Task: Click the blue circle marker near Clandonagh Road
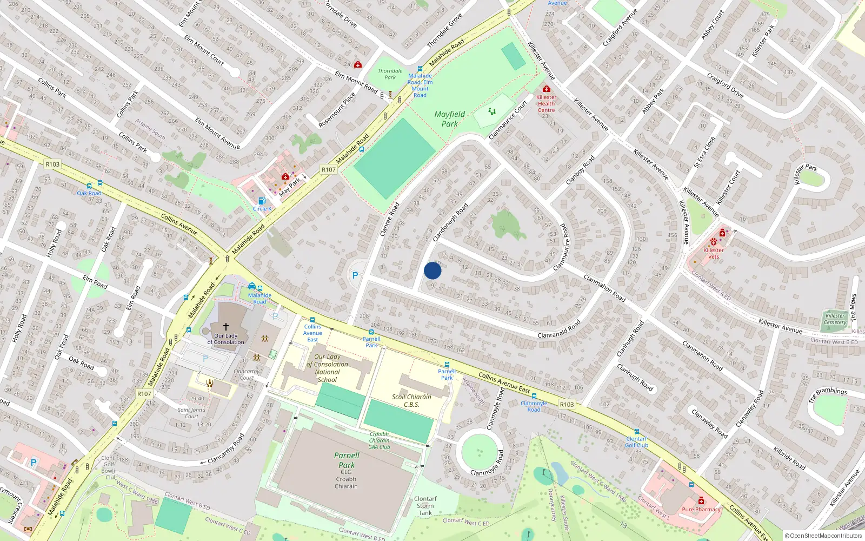(432, 270)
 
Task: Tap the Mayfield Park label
(449, 119)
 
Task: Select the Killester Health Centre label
(546, 103)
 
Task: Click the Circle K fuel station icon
(262, 201)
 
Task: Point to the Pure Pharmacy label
(701, 509)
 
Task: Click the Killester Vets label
(714, 253)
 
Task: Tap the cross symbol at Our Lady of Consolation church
(226, 327)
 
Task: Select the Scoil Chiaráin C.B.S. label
(411, 400)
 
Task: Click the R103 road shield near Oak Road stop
(52, 164)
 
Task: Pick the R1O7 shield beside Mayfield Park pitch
(329, 169)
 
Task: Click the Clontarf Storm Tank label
(425, 506)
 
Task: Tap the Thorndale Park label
(390, 74)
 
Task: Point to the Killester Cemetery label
(835, 319)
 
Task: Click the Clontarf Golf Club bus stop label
(636, 442)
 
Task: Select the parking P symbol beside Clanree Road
(355, 275)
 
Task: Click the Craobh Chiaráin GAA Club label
(380, 440)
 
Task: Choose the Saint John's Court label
(191, 413)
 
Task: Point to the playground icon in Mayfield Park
(492, 111)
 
